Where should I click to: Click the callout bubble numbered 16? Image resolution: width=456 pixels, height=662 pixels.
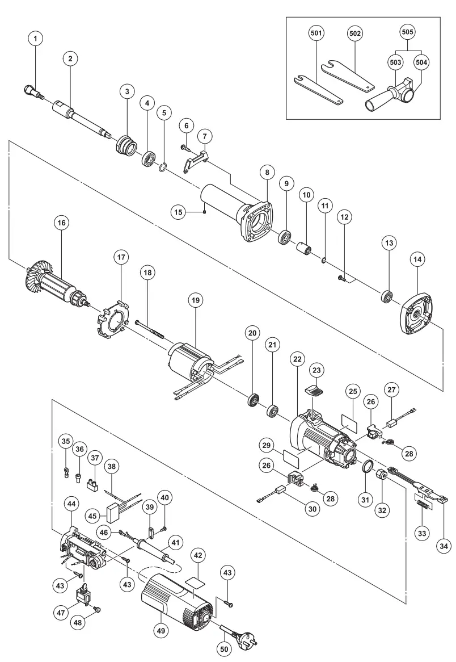(x=61, y=223)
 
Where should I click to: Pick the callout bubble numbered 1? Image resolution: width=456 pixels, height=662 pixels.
(x=36, y=39)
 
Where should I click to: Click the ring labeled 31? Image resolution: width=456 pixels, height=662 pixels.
(x=369, y=467)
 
